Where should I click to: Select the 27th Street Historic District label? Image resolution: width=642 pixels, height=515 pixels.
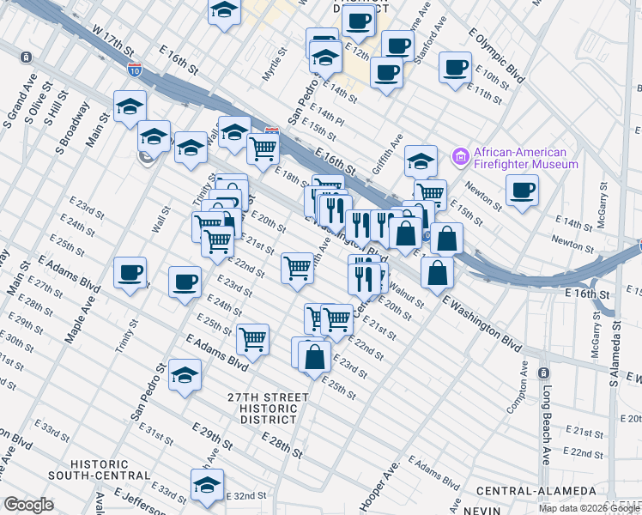point(268,403)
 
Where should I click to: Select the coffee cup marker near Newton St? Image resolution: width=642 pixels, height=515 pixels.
point(522,191)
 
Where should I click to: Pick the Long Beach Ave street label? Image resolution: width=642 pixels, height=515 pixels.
point(545,427)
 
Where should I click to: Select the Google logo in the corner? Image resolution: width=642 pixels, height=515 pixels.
point(28,505)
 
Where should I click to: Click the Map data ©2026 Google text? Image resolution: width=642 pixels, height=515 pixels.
point(589,508)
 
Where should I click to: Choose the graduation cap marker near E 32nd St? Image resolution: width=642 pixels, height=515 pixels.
point(206,485)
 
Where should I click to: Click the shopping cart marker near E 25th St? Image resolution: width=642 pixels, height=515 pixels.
point(253,339)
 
